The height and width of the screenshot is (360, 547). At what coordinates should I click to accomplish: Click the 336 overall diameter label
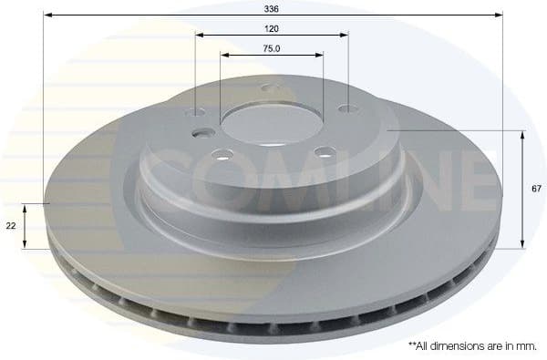coord(271,7)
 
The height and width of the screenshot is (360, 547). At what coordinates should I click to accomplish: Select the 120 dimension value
coord(271,27)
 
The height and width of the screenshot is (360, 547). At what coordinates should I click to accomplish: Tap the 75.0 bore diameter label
coord(271,48)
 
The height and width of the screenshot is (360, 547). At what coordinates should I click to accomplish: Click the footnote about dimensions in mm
coord(471,347)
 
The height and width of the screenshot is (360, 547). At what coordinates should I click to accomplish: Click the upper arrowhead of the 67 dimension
coord(522,134)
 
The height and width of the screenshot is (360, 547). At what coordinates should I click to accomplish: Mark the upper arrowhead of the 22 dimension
coord(26,206)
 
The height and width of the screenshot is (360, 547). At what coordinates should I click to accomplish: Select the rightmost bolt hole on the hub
coord(346,109)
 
